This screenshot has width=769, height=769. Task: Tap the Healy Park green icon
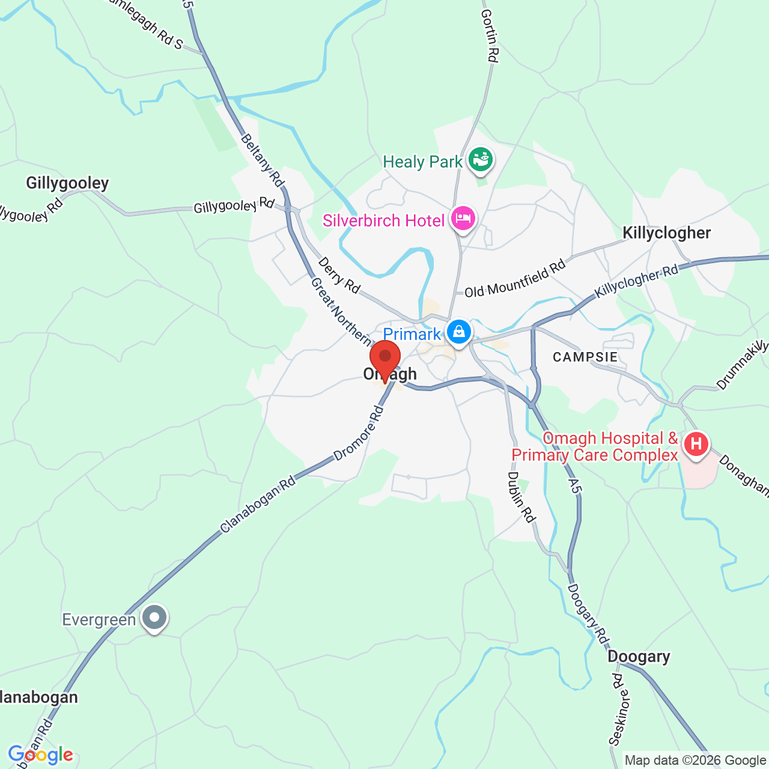click(480, 160)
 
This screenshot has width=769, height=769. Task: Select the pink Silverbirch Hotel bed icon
click(463, 219)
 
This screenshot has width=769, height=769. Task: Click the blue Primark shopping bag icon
click(459, 332)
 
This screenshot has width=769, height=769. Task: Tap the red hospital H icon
click(696, 445)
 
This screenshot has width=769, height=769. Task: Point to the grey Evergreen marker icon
click(154, 618)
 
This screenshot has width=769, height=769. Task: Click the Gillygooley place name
click(67, 183)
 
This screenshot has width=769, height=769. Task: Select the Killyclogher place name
click(666, 233)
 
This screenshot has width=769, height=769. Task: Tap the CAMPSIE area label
click(585, 357)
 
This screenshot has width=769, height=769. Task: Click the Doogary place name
click(639, 657)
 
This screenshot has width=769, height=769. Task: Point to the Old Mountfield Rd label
click(515, 279)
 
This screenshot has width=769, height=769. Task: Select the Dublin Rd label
click(521, 497)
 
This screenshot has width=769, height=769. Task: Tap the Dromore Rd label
click(359, 433)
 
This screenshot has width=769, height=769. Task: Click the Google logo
click(41, 755)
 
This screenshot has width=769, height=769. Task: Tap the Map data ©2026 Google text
click(695, 761)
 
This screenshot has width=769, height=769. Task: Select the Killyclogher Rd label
click(636, 281)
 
